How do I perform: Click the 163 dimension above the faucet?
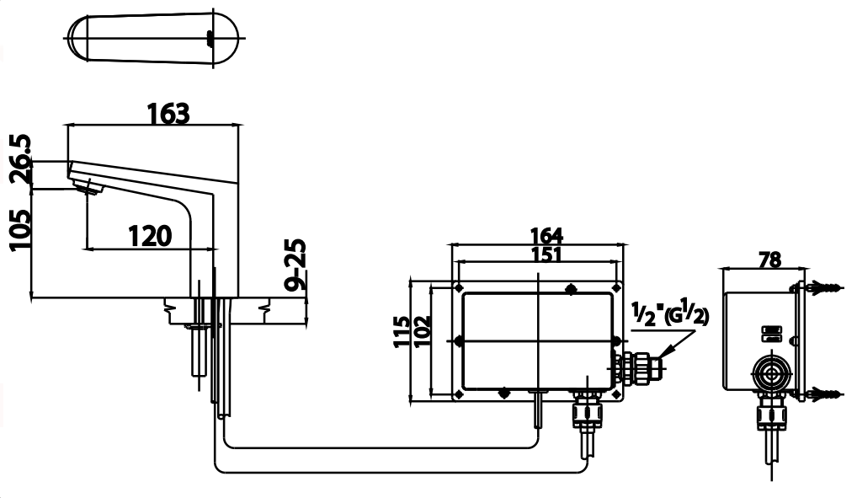(x=168, y=112)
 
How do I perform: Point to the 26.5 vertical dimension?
(x=21, y=158)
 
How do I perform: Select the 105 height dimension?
(x=21, y=230)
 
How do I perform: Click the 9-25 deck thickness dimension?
(x=295, y=265)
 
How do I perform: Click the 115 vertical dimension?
(x=402, y=330)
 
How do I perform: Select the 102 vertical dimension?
(x=422, y=331)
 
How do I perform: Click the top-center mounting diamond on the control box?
(x=571, y=290)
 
